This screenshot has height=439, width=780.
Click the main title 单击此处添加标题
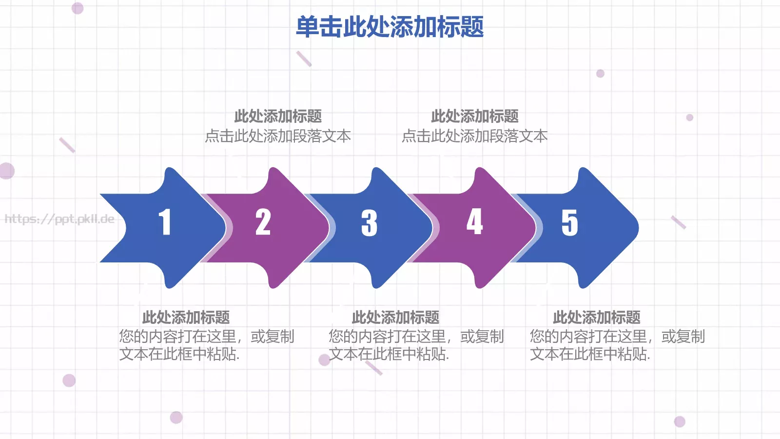coord(390,27)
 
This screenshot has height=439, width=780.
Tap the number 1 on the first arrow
coord(165,222)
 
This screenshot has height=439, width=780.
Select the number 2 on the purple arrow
coord(263,222)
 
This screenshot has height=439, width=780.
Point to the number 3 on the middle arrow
coord(369,223)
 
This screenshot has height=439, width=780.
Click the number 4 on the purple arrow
coord(474,222)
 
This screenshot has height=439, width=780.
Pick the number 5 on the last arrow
coord(569,223)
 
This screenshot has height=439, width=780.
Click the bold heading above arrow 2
coord(278,116)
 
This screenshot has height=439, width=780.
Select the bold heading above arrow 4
coord(475,116)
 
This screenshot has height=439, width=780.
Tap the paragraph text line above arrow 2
coord(278,136)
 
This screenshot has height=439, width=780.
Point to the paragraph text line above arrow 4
coord(475,136)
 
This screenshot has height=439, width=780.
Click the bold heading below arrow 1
coord(186,318)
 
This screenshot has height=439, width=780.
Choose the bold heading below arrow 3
coord(395,318)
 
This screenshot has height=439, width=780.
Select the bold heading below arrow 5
coord(596,318)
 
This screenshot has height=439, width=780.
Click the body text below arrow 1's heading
coord(206,345)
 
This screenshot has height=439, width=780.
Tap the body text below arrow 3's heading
coord(416,345)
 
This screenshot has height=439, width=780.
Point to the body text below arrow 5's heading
coord(617,345)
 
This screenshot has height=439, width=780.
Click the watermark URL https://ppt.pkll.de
coord(59,219)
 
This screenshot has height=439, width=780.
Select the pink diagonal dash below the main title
coord(304,59)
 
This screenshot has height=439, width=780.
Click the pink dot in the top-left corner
coord(78,8)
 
